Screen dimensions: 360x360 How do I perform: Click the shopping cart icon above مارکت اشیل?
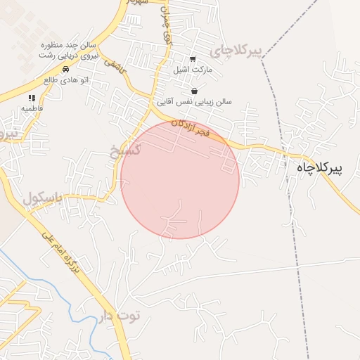193,59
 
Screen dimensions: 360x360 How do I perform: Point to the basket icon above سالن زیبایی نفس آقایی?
194,91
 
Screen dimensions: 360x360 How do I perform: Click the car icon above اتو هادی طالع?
65,69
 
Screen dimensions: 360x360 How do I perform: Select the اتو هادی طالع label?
65,80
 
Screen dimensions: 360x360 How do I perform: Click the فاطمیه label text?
32,109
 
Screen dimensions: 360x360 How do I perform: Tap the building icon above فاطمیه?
32,98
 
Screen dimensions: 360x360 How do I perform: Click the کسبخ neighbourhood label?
127,149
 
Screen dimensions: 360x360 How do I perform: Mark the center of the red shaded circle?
180,179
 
